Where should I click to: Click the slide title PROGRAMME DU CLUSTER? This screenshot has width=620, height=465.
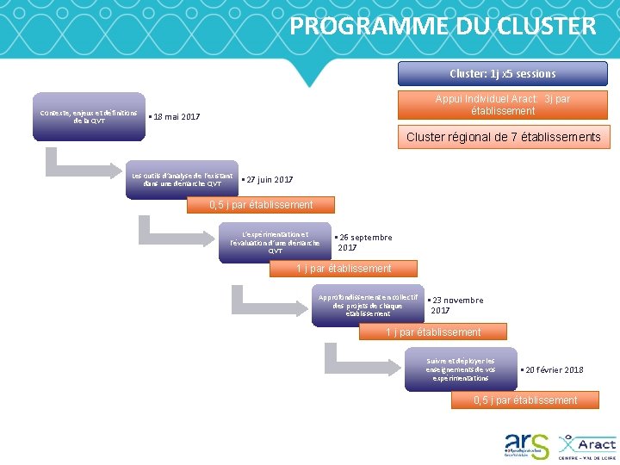[x=442, y=26]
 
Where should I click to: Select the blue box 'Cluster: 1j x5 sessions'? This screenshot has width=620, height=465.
[x=502, y=73]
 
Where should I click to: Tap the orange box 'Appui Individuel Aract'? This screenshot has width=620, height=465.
[x=502, y=105]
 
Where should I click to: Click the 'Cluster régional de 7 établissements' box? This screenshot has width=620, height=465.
[x=503, y=137]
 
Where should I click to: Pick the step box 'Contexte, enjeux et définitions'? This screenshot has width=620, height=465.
[x=89, y=116]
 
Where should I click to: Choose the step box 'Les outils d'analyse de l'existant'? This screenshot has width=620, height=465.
[x=182, y=180]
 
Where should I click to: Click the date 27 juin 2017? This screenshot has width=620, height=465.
[x=268, y=180]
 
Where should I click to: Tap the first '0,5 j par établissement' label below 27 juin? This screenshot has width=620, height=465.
[x=262, y=205]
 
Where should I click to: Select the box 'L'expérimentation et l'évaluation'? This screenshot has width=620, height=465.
[x=275, y=242]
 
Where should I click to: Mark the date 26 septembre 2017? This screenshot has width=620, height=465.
[x=365, y=242]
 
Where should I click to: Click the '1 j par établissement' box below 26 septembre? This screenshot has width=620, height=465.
[x=344, y=269]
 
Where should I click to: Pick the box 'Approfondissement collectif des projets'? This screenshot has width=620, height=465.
[x=368, y=305]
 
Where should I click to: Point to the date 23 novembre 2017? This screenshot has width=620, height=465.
[x=456, y=305]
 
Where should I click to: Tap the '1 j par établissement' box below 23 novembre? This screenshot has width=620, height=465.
[x=433, y=332]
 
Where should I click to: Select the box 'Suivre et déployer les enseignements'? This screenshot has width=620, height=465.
[x=461, y=369]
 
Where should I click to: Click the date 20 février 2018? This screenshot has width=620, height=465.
[x=553, y=369]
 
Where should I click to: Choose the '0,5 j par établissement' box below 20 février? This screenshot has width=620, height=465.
[x=525, y=400]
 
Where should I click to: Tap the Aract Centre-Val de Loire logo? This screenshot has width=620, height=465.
[x=587, y=445]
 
